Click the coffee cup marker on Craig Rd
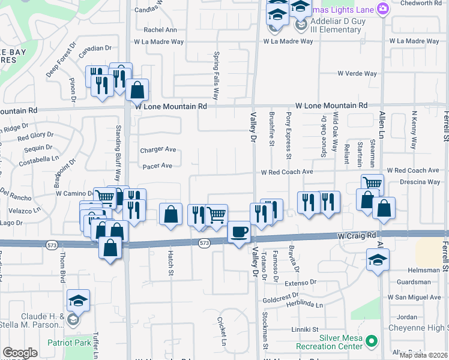(240, 232)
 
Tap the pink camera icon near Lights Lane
(383, 8)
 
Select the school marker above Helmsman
(377, 260)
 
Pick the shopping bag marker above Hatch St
(171, 214)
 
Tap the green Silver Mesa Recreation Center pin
(372, 341)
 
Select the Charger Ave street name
(158, 150)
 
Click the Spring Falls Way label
(216, 76)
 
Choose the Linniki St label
(305, 329)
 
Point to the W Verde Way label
(357, 74)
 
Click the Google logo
(20, 353)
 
